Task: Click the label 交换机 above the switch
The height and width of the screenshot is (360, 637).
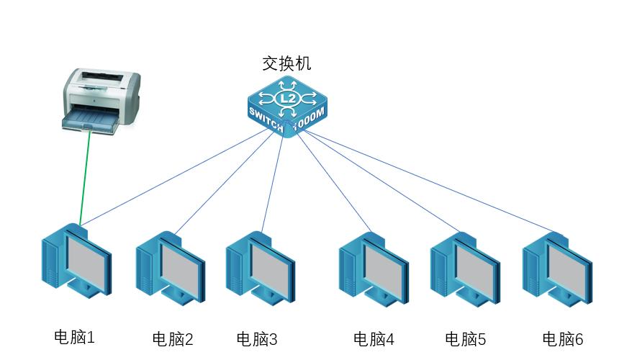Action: pos(286,63)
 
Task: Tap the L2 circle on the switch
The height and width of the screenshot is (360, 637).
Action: pos(286,98)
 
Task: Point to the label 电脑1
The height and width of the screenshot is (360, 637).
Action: pos(75,336)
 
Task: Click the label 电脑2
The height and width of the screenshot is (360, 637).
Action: pos(173,339)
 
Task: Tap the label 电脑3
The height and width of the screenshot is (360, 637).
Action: pos(256,339)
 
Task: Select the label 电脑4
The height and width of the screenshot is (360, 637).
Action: pos(374,339)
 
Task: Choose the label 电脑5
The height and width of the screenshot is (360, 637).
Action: pos(466,339)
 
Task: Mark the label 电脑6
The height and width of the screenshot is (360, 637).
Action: pos(562,339)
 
